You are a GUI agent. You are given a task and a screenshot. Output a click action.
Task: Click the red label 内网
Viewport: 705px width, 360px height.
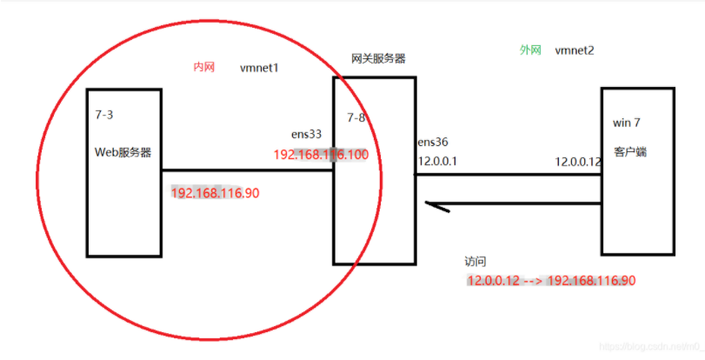point(203,68)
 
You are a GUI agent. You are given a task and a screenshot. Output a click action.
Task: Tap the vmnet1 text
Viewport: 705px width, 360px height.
point(259,68)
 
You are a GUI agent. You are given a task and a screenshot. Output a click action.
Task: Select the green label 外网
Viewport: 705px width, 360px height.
point(530,50)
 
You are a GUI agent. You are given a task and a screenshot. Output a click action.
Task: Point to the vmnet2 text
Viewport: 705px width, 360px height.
point(575,50)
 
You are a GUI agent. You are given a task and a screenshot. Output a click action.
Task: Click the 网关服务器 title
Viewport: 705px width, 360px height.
point(378,58)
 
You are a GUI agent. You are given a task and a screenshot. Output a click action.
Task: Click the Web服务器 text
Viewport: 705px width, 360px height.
point(123,152)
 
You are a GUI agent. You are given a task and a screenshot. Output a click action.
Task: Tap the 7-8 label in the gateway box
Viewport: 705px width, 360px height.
point(356,117)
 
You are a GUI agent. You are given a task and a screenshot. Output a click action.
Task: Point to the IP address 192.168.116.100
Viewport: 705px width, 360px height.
point(321,154)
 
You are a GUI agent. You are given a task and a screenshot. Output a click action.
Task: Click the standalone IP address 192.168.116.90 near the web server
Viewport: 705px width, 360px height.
point(215,192)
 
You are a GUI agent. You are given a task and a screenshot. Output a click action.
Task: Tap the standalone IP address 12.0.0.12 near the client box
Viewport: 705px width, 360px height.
point(578,162)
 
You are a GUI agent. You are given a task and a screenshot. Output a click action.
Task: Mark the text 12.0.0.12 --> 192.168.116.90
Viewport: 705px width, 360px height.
point(551,280)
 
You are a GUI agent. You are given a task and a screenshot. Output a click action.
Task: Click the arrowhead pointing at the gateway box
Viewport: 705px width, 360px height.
point(431,205)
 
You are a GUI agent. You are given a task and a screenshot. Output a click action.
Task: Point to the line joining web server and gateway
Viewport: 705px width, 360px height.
point(248,170)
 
